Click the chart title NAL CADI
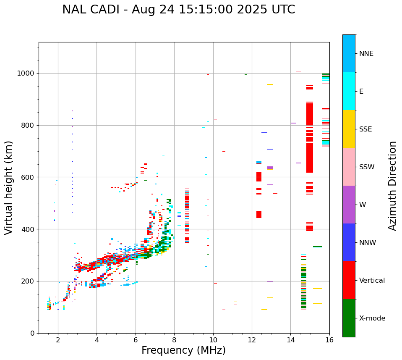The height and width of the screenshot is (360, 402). coord(178,10)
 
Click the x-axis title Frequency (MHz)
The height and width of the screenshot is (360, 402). coord(183,350)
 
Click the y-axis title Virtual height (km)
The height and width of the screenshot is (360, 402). coord(9,188)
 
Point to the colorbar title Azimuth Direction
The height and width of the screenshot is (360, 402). coord(392,186)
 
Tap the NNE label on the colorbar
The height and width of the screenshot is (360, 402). coord(366,54)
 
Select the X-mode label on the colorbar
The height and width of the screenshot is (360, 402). coord(372,318)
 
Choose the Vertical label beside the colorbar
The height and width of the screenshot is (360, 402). coord(372,281)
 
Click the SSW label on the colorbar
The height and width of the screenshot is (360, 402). coord(367,167)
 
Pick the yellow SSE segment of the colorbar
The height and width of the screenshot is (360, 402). coord(349,129)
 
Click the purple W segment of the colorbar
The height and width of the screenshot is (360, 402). coord(349,205)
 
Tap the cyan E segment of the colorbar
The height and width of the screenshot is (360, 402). coord(349,91)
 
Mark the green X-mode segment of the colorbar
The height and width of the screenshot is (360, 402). coord(349,318)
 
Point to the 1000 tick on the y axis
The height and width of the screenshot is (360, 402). coord(28,74)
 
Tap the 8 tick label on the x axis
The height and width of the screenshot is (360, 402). coord(174,340)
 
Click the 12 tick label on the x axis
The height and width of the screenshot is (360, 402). coord(252,340)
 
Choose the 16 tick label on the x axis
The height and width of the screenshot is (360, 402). coord(329,340)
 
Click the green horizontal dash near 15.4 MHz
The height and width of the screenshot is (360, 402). coord(318,247)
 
